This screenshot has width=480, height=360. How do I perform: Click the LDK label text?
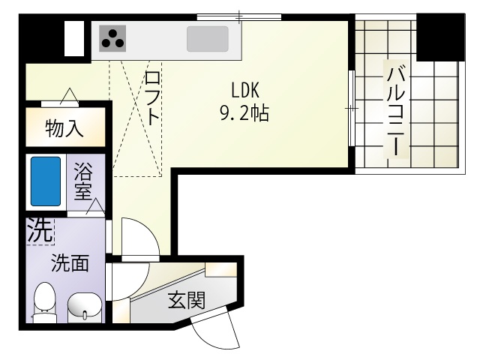[x=244, y=91]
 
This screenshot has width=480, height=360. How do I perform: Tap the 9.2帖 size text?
[x=244, y=114]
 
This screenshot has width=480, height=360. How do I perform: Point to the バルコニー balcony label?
[x=397, y=110]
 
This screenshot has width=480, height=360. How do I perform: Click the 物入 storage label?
[x=64, y=128]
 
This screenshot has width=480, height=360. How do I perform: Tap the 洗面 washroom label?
[x=70, y=263]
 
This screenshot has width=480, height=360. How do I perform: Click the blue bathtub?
[x=45, y=181]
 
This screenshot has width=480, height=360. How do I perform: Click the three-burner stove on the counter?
[x=113, y=37]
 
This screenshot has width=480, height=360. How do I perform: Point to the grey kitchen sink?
[x=207, y=38]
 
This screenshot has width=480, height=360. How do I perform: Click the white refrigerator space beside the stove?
[x=74, y=38]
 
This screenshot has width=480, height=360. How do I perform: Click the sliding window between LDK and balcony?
[x=351, y=109]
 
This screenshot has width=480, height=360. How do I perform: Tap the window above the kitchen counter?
[x=239, y=16]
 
